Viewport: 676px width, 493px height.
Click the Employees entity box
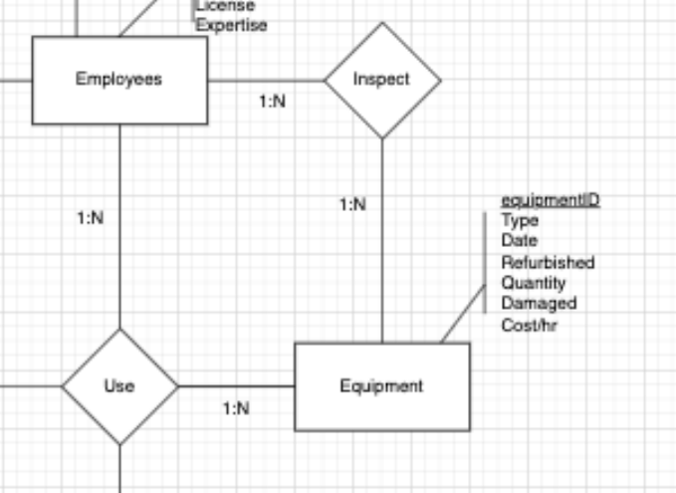119,81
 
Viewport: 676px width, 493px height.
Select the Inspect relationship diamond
382,81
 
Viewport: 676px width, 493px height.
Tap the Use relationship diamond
119,386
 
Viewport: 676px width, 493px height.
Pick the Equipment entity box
382,386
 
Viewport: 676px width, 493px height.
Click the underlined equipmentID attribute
551,200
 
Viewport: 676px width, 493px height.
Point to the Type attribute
520,220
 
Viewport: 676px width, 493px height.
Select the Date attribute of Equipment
520,240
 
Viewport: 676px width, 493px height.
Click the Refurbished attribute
548,262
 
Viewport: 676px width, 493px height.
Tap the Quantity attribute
534,283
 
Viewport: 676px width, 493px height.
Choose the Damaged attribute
539,303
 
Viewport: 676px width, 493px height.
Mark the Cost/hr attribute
530,326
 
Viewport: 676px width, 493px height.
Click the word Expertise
232,25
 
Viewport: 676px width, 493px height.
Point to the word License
225,6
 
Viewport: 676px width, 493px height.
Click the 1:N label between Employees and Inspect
273,102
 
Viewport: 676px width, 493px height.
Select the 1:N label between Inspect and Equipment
353,204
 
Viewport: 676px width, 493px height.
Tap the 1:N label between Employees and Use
91,218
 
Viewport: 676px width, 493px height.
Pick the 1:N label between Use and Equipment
236,408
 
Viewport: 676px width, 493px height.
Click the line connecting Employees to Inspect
266,81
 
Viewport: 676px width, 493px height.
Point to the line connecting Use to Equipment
236,386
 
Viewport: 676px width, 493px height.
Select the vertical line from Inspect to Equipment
382,241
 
